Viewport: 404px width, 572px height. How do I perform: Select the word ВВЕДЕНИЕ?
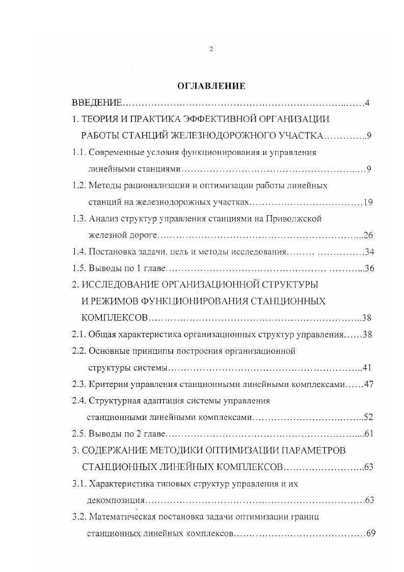pyautogui.click(x=96, y=103)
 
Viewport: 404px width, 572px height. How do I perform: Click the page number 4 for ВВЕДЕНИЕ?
pyautogui.click(x=367, y=103)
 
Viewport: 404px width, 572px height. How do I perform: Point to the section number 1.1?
pyautogui.click(x=78, y=152)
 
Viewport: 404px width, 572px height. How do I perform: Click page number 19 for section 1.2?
pyautogui.click(x=368, y=202)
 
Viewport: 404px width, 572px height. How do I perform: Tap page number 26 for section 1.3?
pyautogui.click(x=369, y=235)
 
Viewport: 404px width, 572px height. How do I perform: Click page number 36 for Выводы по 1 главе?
pyautogui.click(x=369, y=268)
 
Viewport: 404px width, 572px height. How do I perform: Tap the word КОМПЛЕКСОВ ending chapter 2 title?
pyautogui.click(x=115, y=318)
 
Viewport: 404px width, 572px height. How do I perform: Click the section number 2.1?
pyautogui.click(x=78, y=334)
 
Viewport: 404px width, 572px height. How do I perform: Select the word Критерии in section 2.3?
pyautogui.click(x=106, y=384)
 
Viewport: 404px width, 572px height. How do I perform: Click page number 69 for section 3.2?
pyautogui.click(x=370, y=533)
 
